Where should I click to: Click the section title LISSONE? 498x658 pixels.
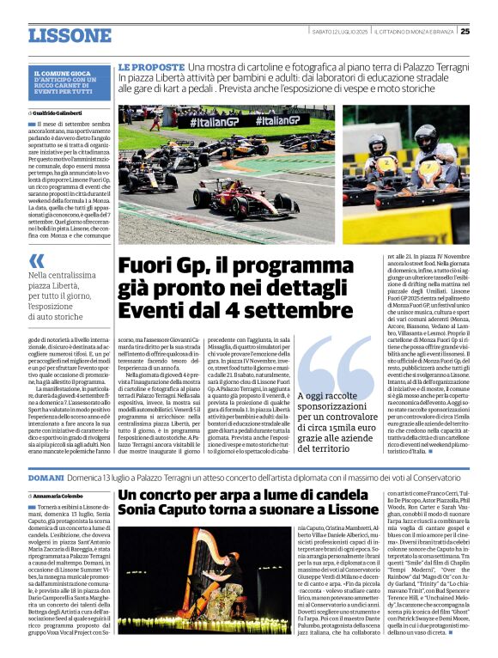70,35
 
